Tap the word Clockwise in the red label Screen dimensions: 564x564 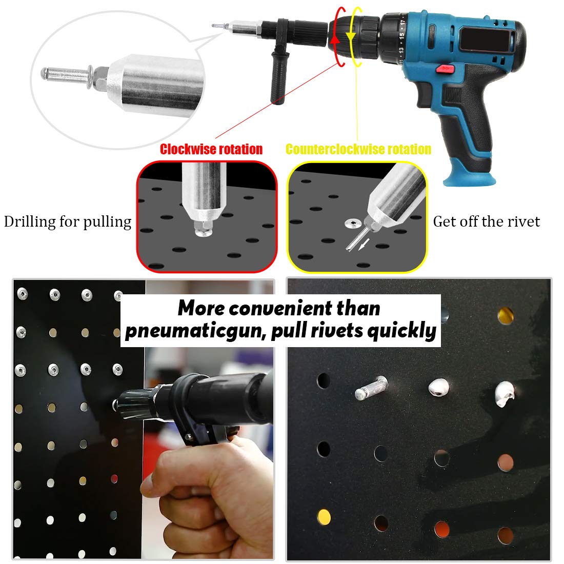pos(188,149)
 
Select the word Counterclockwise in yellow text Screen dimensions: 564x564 pos(333,149)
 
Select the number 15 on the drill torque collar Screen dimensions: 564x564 pos(401,36)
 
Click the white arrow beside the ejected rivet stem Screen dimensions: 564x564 pos(364,245)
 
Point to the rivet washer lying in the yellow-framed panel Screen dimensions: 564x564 pos(352,224)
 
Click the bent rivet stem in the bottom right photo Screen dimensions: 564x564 pos(371,388)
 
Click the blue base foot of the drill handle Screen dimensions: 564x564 pos(470,178)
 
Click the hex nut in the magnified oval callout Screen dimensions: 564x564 pos(100,78)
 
